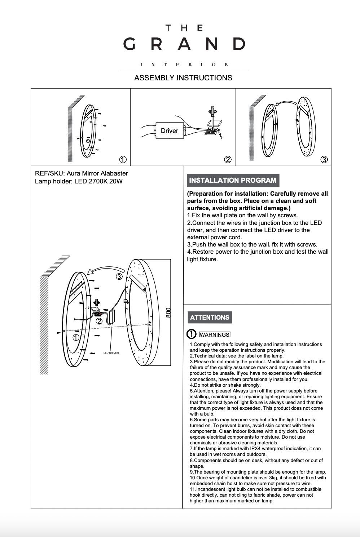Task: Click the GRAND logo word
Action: [x=184, y=44]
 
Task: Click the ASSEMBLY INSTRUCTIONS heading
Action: [x=183, y=78]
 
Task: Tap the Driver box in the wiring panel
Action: [x=170, y=131]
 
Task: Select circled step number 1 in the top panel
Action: [x=123, y=160]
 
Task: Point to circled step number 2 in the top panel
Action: [x=228, y=160]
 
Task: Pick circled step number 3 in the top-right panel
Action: [x=324, y=160]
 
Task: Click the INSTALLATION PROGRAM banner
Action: [x=233, y=180]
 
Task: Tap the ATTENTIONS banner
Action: [x=210, y=318]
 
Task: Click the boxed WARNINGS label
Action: [x=214, y=334]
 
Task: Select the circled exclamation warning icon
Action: [x=191, y=334]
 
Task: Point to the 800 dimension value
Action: [x=168, y=312]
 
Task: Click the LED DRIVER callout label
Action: [x=111, y=353]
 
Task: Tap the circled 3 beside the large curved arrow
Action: [x=119, y=277]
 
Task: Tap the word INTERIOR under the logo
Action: [x=184, y=65]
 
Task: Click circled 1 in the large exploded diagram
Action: [x=76, y=338]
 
